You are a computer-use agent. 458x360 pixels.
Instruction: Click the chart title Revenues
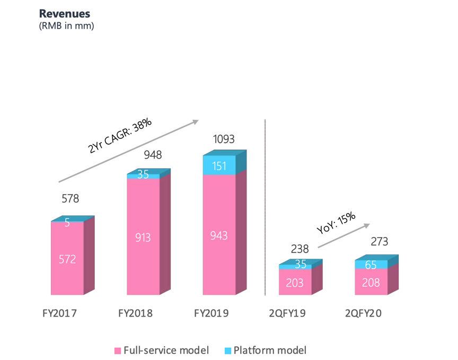tap(64, 14)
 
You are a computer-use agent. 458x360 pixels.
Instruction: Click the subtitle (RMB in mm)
tap(67, 25)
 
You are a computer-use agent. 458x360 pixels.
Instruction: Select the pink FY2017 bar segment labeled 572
tap(67, 259)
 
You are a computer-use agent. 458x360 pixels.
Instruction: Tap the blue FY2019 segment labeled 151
tap(219, 166)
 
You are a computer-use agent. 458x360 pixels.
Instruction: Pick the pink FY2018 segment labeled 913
tap(143, 238)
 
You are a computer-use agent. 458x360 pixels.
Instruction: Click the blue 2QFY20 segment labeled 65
tap(371, 264)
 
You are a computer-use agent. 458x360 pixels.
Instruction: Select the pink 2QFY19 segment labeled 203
tap(295, 283)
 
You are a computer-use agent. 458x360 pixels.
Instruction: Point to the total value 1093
tap(223, 139)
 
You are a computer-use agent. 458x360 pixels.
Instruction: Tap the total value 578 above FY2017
tap(70, 199)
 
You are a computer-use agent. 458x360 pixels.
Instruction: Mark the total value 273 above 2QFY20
tap(379, 242)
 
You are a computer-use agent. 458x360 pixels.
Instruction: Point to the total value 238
tap(300, 249)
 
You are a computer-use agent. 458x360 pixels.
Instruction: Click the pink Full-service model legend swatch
tap(118, 350)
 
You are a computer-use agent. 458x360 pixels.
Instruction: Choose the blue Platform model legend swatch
tap(228, 350)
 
